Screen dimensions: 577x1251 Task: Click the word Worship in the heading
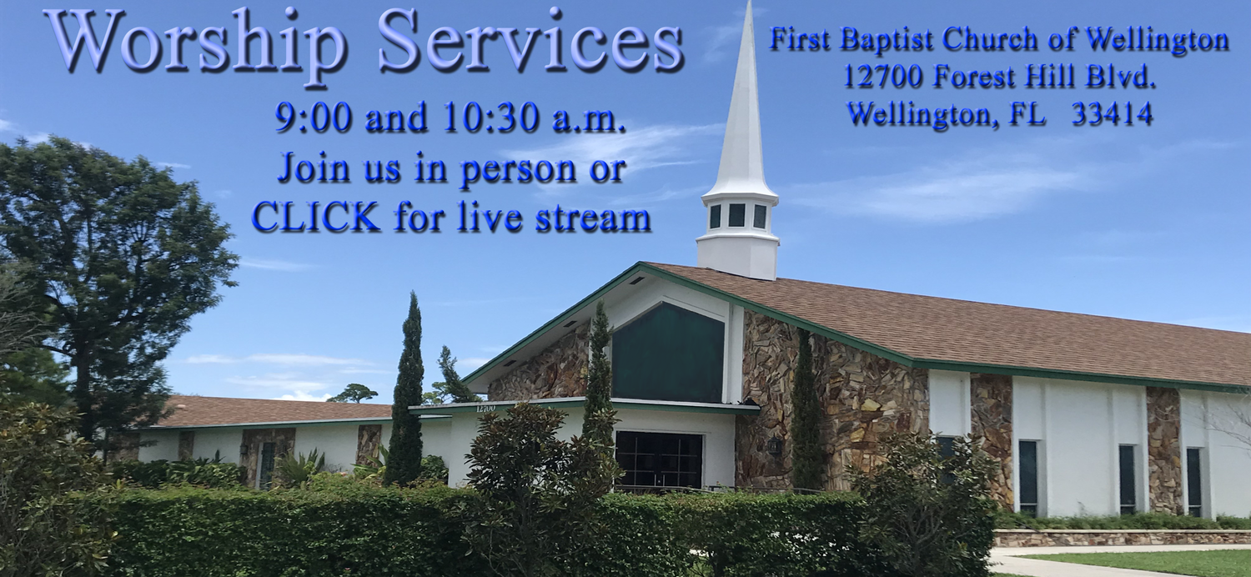tap(195, 42)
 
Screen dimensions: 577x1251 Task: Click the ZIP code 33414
tap(1112, 113)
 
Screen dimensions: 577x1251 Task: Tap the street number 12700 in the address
tap(884, 77)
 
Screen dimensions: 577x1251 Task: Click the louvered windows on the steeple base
tap(737, 216)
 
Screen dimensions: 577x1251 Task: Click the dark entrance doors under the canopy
tap(659, 459)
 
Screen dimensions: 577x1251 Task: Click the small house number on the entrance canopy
tap(485, 409)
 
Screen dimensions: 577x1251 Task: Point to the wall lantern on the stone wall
tap(775, 445)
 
